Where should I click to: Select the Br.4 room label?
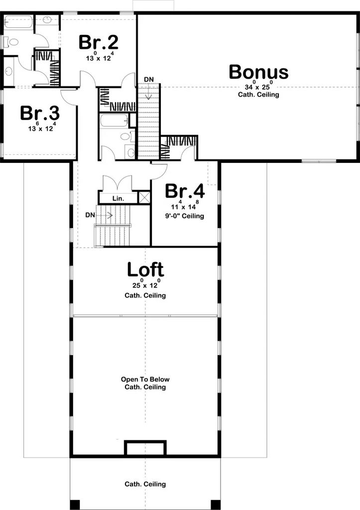[184, 191]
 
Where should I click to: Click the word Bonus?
[258, 72]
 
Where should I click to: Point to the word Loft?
[145, 269]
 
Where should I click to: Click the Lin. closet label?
[118, 198]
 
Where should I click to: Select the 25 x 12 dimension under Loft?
[145, 285]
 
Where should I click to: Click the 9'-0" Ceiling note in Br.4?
[185, 216]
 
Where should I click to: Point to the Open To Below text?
[145, 380]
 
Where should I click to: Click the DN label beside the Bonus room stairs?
[148, 79]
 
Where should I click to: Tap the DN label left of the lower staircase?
[90, 215]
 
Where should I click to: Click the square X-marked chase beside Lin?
[144, 197]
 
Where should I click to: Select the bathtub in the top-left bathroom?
[18, 22]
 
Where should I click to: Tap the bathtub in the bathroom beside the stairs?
[115, 121]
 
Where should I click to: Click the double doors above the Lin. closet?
[117, 183]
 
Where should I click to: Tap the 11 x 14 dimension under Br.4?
[184, 206]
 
